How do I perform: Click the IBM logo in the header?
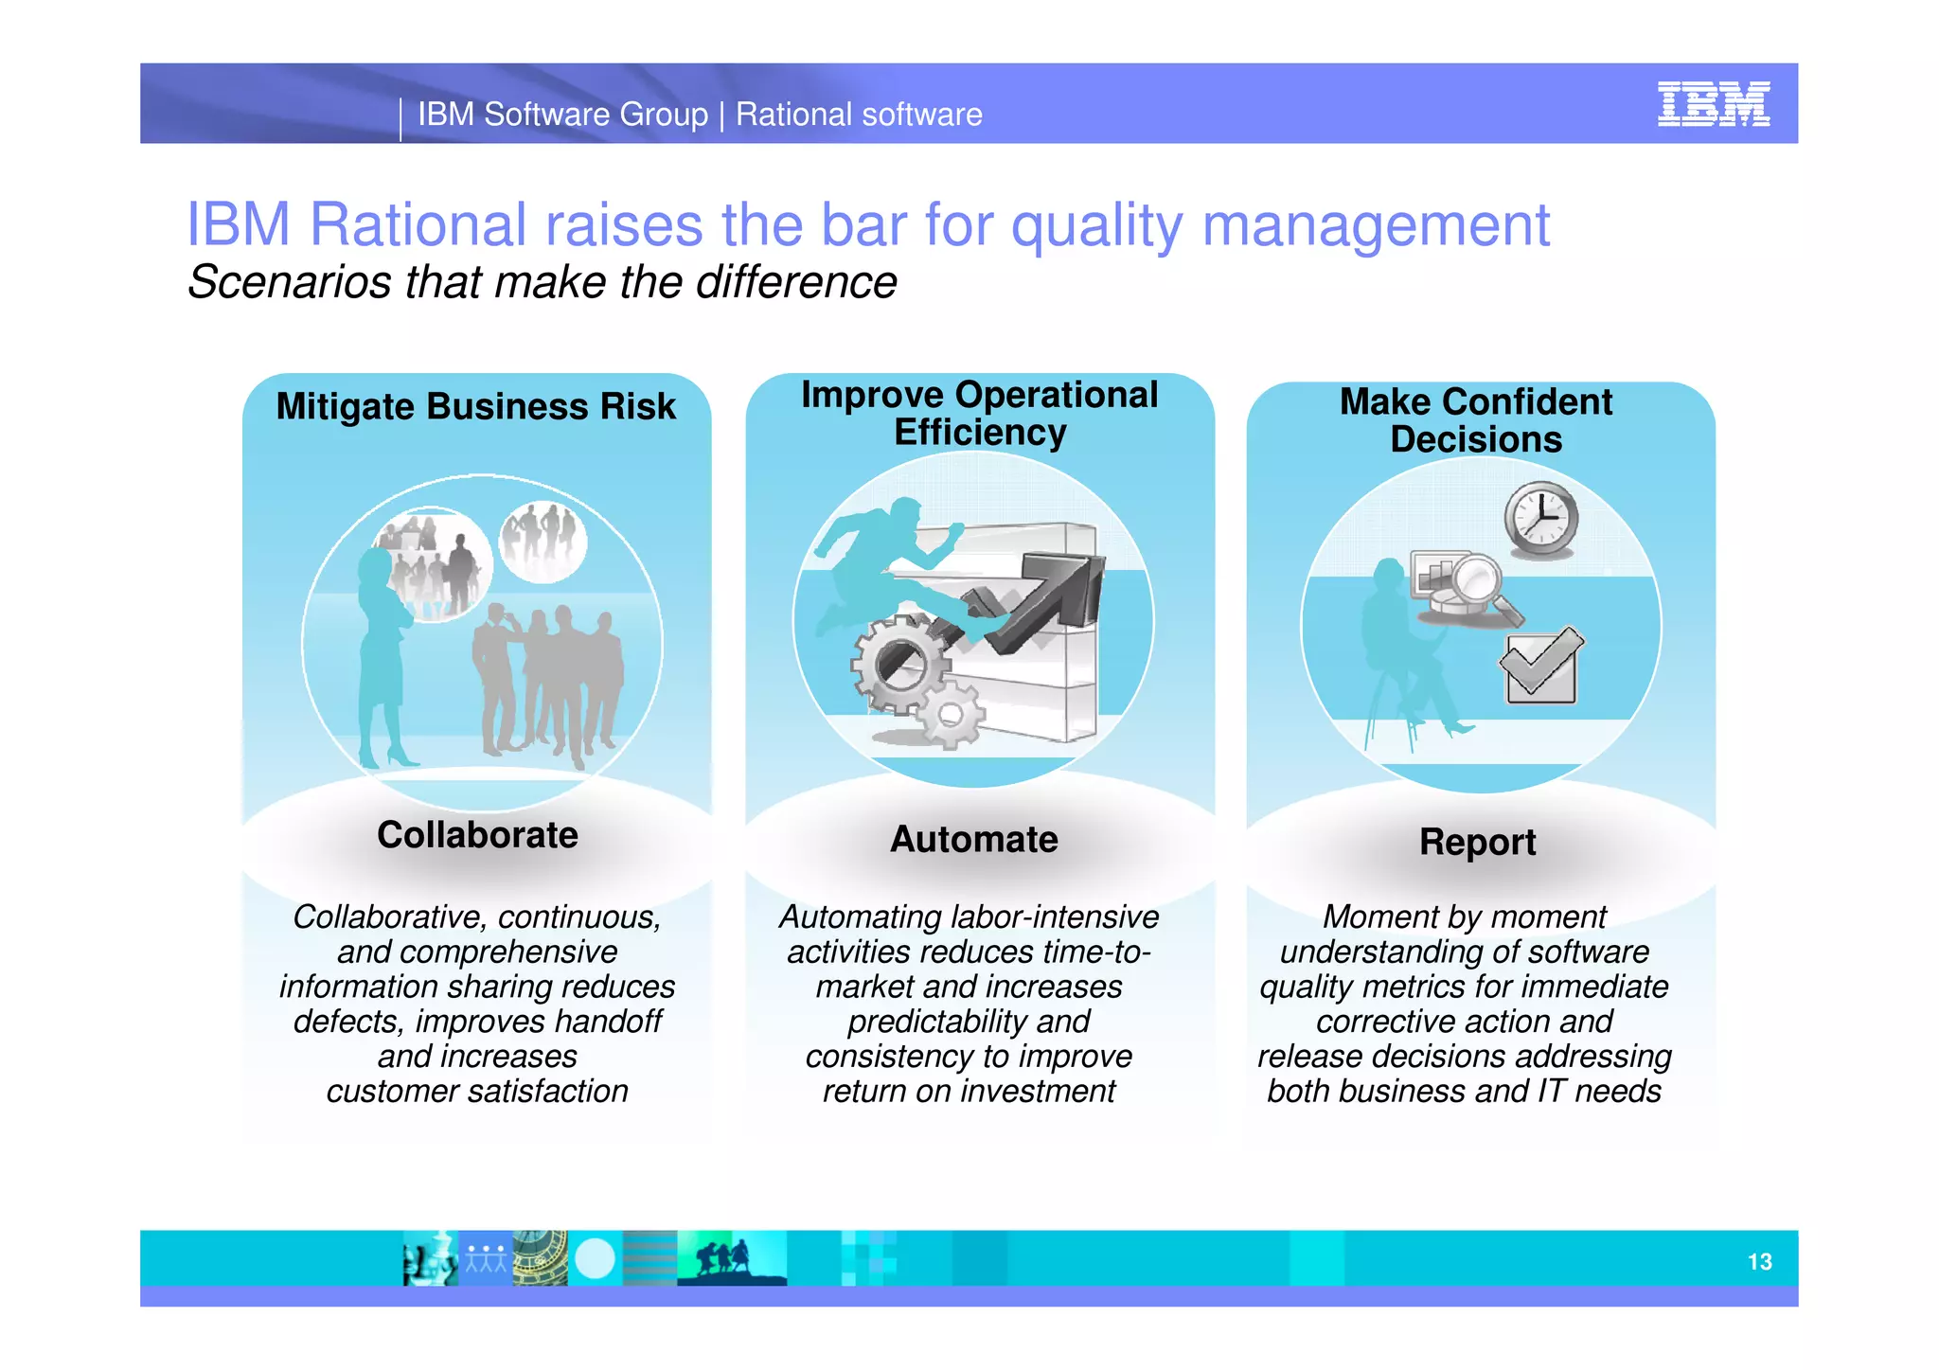pyautogui.click(x=1713, y=103)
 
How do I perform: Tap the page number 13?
pyautogui.click(x=1759, y=1261)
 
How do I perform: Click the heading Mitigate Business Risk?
pyautogui.click(x=475, y=406)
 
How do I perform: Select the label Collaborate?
pyautogui.click(x=477, y=835)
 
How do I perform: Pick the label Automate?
pyautogui.click(x=973, y=839)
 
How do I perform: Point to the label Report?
pyautogui.click(x=1477, y=842)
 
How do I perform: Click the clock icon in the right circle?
pyautogui.click(x=1541, y=519)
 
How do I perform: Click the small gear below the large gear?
pyautogui.click(x=952, y=715)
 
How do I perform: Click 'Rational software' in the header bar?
pyautogui.click(x=859, y=115)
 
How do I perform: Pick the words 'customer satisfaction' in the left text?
pyautogui.click(x=477, y=1091)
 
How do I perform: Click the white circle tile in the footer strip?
pyautogui.click(x=595, y=1258)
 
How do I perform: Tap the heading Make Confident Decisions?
pyautogui.click(x=1475, y=420)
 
